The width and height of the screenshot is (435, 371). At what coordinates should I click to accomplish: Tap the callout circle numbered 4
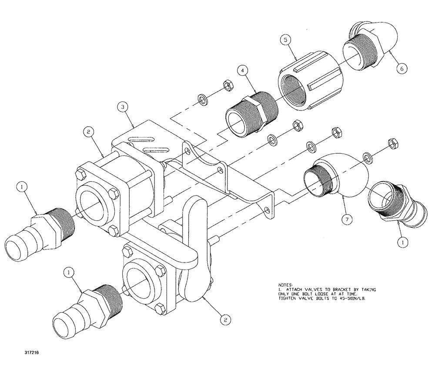242,70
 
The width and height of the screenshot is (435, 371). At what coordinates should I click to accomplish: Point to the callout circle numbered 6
402,68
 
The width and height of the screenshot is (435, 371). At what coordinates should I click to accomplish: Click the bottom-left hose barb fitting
83,311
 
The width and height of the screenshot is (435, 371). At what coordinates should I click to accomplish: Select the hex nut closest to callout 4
227,85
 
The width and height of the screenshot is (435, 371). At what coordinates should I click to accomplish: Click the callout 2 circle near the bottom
225,320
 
